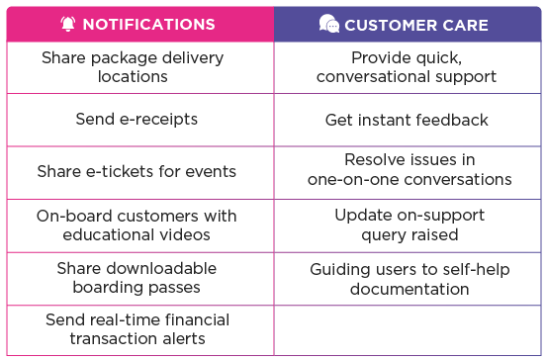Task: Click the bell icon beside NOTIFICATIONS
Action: [x=67, y=23]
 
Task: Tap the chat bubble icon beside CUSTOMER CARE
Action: [x=328, y=23]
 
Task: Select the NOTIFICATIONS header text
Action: [x=148, y=23]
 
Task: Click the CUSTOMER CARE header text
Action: [x=416, y=23]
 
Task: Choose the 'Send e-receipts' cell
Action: [x=136, y=120]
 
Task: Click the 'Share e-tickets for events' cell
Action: [x=136, y=171]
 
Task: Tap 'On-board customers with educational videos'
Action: [x=136, y=225]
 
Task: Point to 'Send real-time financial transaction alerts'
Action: [x=136, y=329]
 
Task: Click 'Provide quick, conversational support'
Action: [x=409, y=66]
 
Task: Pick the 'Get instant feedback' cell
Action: [x=409, y=120]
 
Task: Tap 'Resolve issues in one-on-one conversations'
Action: [x=409, y=169]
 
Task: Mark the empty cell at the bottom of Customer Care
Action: [x=409, y=329]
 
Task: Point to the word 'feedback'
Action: [x=452, y=120]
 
